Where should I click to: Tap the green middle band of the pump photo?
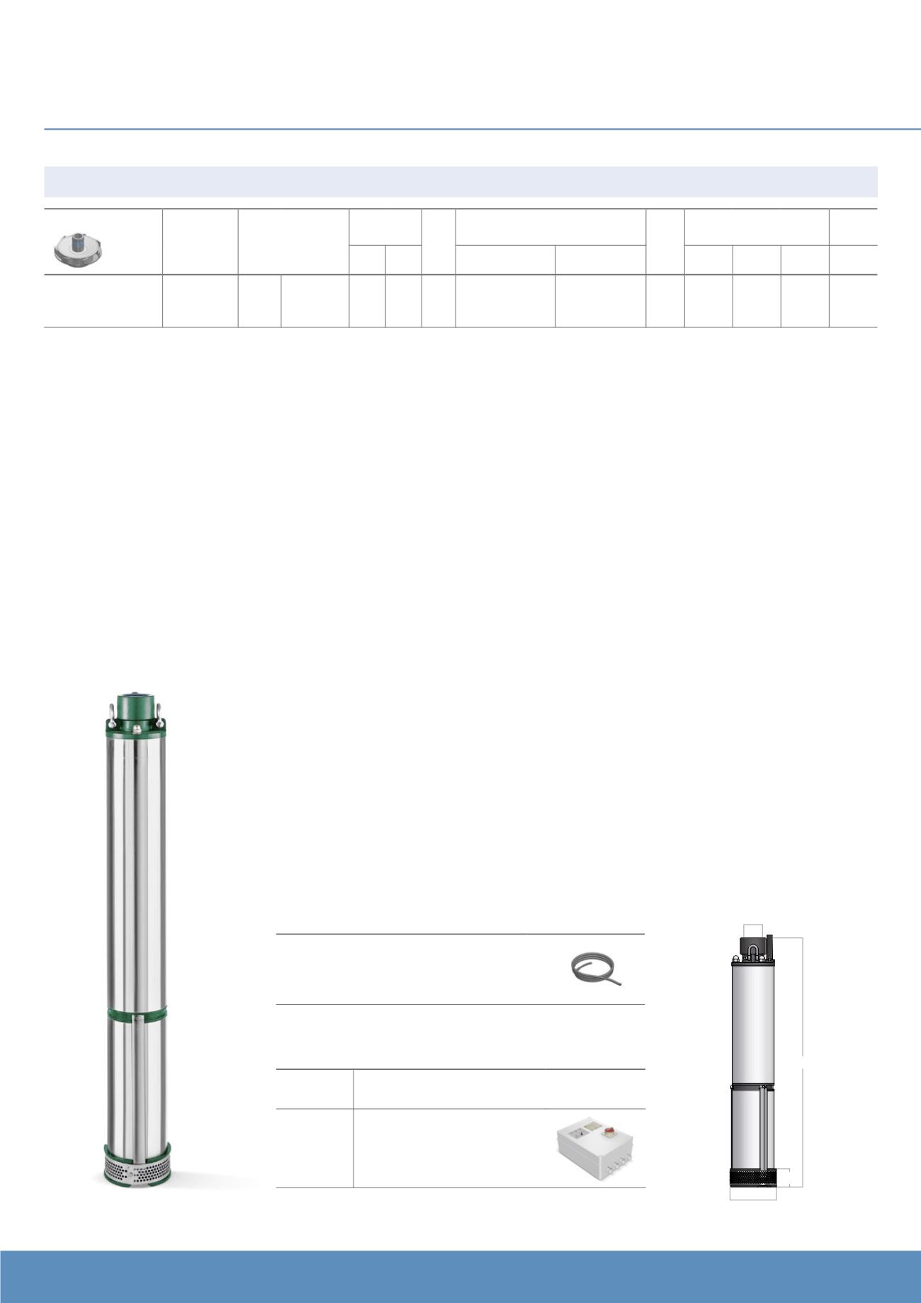[136, 1012]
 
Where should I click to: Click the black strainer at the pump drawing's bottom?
[752, 1177]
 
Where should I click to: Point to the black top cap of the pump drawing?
[753, 945]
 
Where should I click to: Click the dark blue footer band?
[460, 1276]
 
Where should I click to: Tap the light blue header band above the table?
[460, 181]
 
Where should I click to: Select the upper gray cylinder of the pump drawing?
[752, 1020]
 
